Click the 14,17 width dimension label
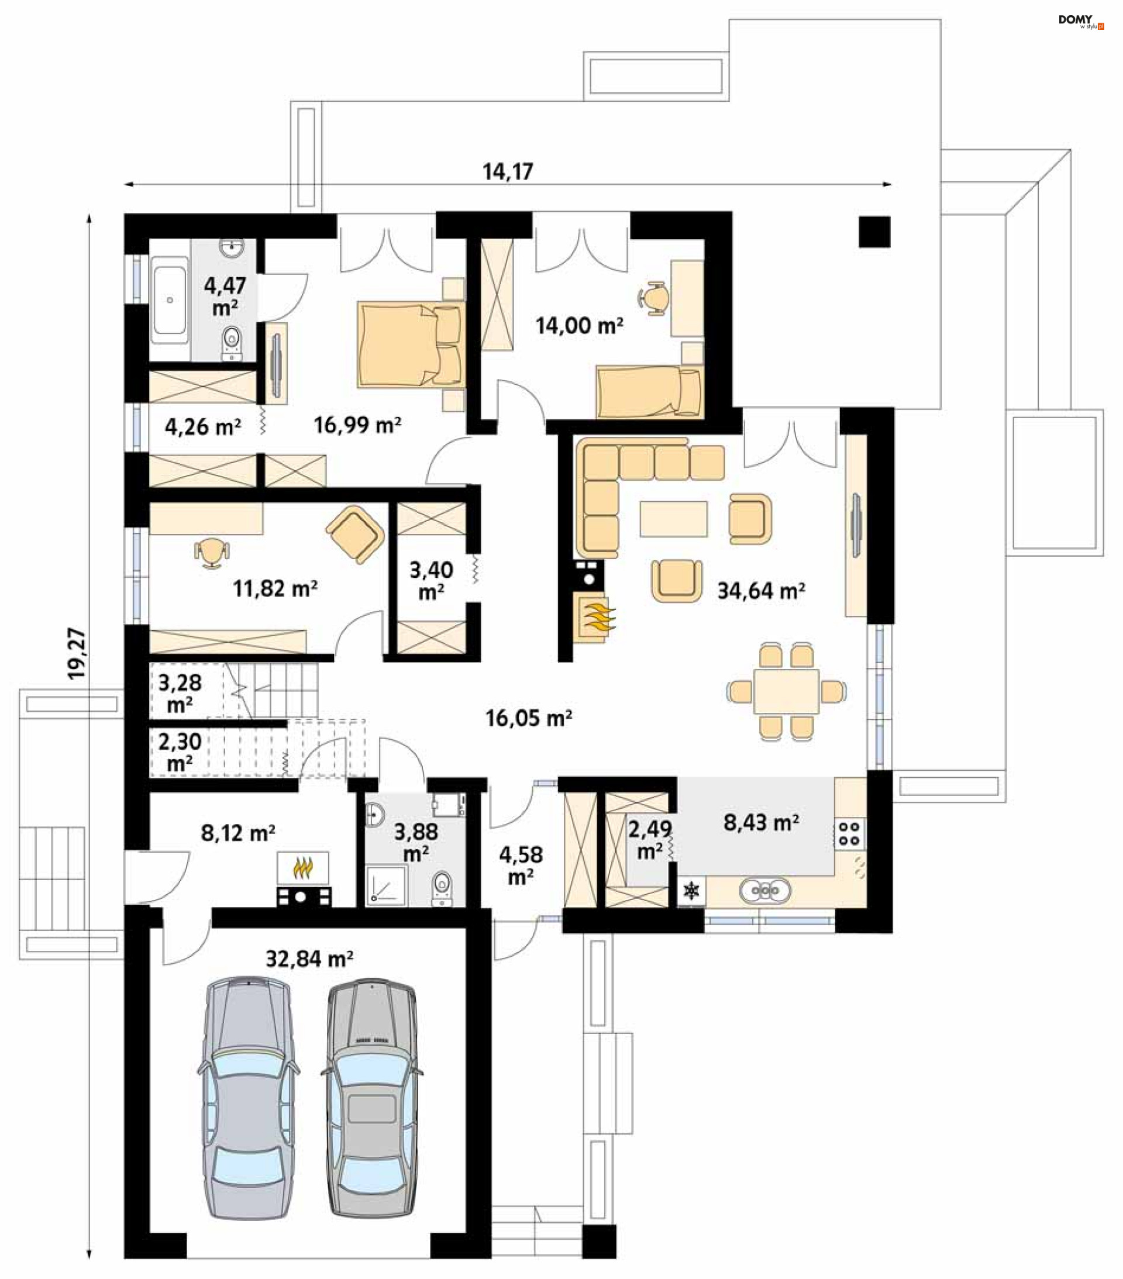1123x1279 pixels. coord(508,171)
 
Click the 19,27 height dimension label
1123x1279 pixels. coord(77,653)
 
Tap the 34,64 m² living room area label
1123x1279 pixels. coord(760,590)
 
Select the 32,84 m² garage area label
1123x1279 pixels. coord(309,959)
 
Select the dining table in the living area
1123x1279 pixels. coord(786,691)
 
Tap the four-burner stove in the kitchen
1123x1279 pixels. coord(849,833)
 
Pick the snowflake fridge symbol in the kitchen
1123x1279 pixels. coord(692,890)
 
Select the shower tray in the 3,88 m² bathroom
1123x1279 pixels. coord(385,885)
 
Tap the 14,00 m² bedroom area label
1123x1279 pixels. coord(579,325)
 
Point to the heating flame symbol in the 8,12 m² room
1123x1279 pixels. coord(303,868)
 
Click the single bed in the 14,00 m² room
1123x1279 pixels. coord(649,392)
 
